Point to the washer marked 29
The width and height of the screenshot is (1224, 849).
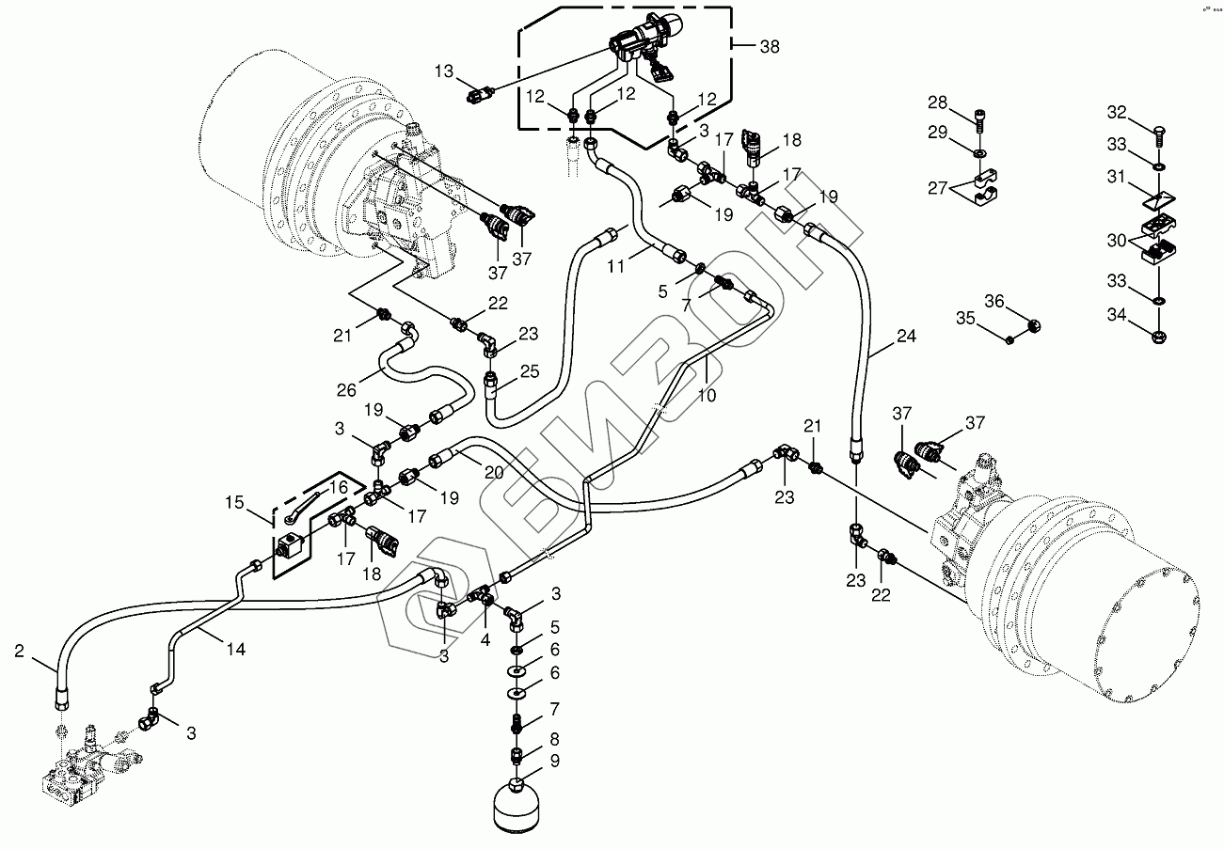pos(980,150)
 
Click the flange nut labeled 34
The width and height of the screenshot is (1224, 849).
pos(1158,331)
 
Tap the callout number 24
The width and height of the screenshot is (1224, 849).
pos(905,336)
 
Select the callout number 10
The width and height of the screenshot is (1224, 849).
pos(707,396)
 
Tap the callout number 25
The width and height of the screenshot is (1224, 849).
pos(530,371)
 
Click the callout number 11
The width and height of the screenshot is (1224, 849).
pos(615,267)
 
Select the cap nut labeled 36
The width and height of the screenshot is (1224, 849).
pos(1032,326)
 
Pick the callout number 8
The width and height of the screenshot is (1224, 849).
pos(554,738)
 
